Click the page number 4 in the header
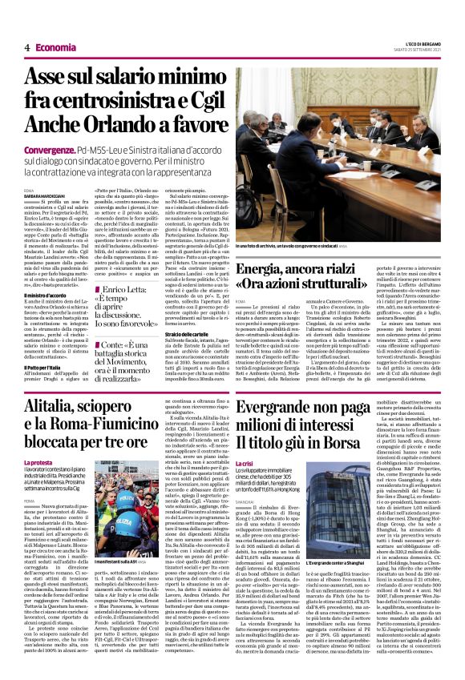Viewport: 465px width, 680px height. coord(26,47)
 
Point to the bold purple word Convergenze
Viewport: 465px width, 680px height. coord(50,150)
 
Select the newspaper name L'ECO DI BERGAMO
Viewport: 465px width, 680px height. coord(417,44)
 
